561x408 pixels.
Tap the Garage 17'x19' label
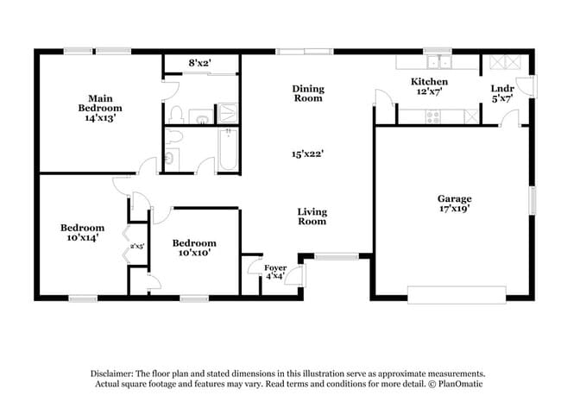[454, 204]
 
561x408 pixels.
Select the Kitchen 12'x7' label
[428, 86]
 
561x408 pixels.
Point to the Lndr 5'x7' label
[501, 92]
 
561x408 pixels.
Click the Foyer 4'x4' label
[274, 272]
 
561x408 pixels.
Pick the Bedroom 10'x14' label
[82, 233]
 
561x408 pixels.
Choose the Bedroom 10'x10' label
[193, 248]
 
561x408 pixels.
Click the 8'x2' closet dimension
[201, 63]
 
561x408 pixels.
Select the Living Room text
[312, 217]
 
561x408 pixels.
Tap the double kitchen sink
[440, 61]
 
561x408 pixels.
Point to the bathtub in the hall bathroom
[229, 151]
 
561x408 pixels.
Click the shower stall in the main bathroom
[228, 112]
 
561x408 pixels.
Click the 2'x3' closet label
[137, 247]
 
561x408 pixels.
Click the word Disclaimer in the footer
[117, 373]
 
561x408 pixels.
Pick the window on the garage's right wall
[533, 200]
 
